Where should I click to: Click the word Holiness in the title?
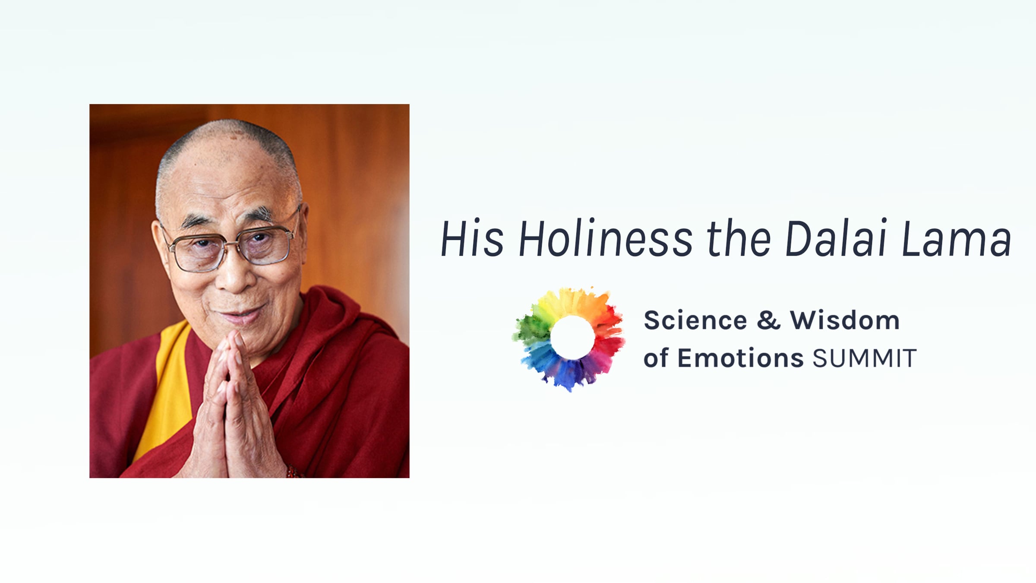(605, 238)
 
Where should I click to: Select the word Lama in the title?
(957, 238)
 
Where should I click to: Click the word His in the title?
(472, 238)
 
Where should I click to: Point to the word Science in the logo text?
(695, 320)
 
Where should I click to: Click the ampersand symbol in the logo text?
(769, 320)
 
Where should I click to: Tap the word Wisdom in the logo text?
(845, 320)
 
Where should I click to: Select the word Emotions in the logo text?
(740, 358)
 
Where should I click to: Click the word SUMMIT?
(864, 358)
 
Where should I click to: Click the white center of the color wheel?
(572, 337)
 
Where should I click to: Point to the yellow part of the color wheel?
(557, 302)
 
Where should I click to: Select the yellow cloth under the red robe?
(166, 389)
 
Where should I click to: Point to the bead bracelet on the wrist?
(294, 472)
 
